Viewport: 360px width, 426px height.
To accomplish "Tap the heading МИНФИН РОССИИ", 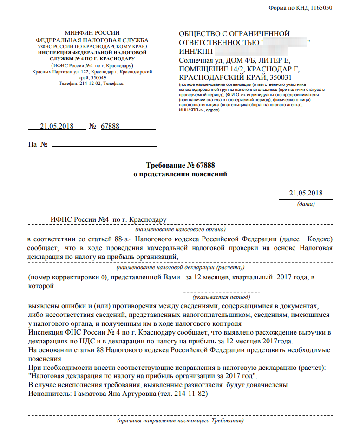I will tap(92, 33).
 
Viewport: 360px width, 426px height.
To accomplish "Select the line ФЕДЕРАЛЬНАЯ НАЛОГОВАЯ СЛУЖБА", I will tap(92, 40).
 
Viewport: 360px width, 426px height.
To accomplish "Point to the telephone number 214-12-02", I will tap(90, 83).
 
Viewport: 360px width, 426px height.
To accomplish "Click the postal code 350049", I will tap(92, 77).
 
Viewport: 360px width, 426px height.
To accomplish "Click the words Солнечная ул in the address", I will tap(200, 60).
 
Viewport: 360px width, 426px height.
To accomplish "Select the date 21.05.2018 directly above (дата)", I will tap(305, 194).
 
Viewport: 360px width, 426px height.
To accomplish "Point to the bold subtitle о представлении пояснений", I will tap(180, 174).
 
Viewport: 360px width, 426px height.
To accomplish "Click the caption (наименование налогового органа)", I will tap(180, 229).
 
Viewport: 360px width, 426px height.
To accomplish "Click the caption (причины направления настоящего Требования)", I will tap(180, 420).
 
